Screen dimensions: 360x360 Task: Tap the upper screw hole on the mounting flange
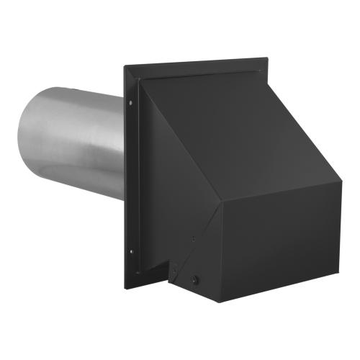click(x=130, y=102)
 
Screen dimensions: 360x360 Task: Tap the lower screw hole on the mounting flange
click(x=131, y=251)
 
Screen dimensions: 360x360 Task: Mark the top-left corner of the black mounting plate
click(x=125, y=68)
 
